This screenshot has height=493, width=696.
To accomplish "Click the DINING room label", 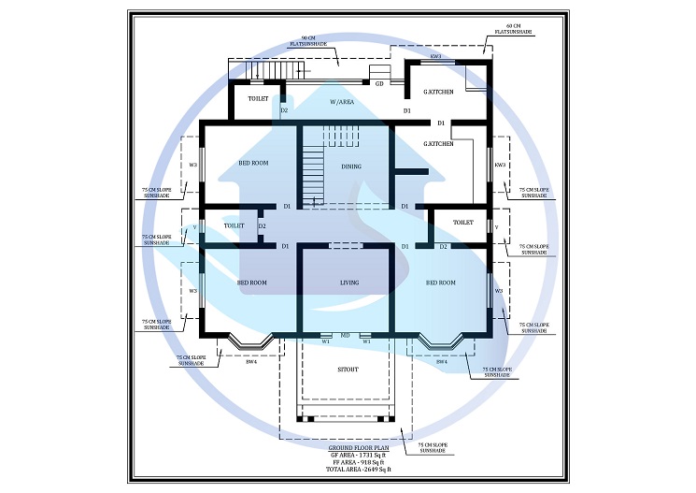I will coord(351,167).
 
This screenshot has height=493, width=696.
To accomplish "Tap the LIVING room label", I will coord(348,282).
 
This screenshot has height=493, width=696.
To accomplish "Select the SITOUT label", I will coord(348,369).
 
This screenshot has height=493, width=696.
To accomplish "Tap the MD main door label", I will coord(345,334).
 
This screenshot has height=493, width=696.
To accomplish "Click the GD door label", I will coord(379,83).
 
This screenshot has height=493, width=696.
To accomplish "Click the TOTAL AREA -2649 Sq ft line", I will coord(348,470).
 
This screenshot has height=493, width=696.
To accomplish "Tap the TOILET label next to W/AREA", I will coord(259,98).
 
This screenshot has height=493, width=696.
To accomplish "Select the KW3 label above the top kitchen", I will coord(435,58).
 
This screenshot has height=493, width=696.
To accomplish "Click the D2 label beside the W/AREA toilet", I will coord(284,110).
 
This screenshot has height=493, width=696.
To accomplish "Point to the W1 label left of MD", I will coord(326,341).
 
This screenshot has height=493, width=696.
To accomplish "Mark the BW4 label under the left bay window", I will coord(250,361).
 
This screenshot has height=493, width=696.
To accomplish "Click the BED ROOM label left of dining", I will coord(253,163).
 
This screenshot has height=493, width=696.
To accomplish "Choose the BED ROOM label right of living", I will coord(441,282).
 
